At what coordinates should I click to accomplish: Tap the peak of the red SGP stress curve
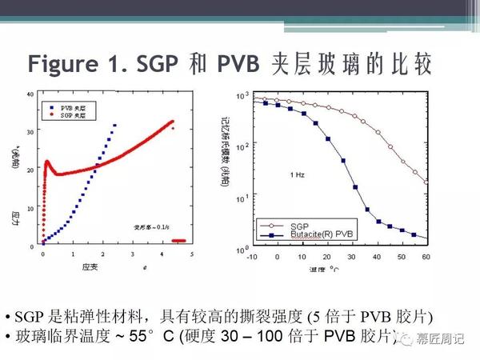click(48, 162)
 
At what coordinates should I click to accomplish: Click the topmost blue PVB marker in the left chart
click(115, 125)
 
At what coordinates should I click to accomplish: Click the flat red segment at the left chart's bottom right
click(181, 240)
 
